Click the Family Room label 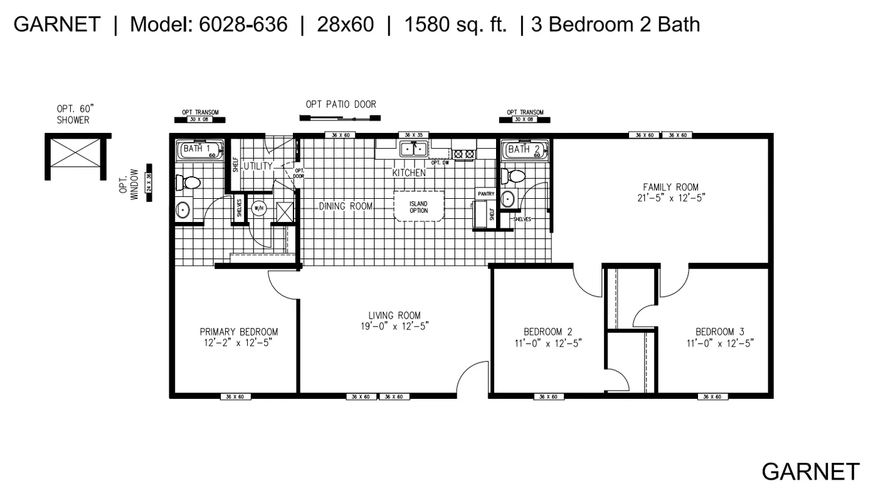pyautogui.click(x=670, y=187)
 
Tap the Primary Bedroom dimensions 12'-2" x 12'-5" pyautogui.click(x=238, y=343)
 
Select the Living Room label pyautogui.click(x=394, y=315)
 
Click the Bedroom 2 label pyautogui.click(x=547, y=332)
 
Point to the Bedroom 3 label pyautogui.click(x=719, y=332)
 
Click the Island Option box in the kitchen pyautogui.click(x=418, y=206)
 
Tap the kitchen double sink pyautogui.click(x=413, y=149)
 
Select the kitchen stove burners pyautogui.click(x=465, y=152)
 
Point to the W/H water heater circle pyautogui.click(x=258, y=208)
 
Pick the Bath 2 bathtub pyautogui.click(x=524, y=150)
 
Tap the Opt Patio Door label pyautogui.click(x=341, y=104)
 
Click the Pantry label pyautogui.click(x=486, y=194)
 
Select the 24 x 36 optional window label pyautogui.click(x=149, y=183)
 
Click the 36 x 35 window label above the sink pyautogui.click(x=413, y=135)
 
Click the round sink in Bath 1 pyautogui.click(x=182, y=209)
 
